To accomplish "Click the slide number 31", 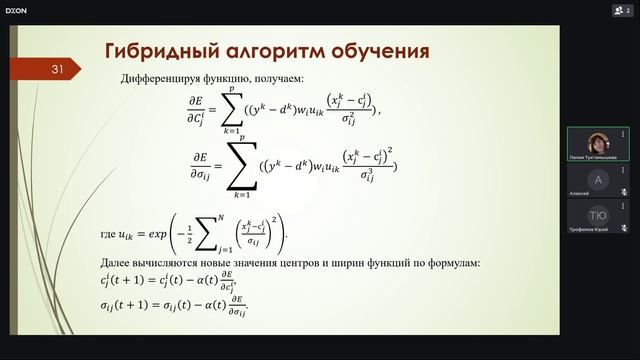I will [57, 69].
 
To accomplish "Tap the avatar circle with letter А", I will [598, 179].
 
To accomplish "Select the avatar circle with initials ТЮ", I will [598, 215].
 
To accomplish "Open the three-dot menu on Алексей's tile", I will [625, 168].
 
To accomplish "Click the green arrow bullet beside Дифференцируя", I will [108, 78].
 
